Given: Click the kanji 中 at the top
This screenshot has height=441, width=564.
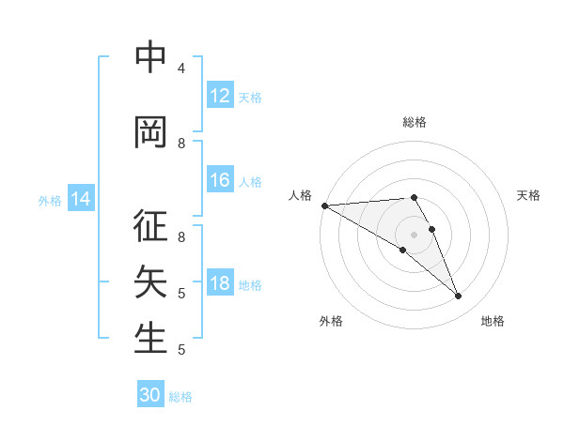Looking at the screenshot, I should point(150,58).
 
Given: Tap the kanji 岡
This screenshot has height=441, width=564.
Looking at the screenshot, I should point(150,132).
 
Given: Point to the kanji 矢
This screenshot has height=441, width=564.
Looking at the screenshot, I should point(150,281).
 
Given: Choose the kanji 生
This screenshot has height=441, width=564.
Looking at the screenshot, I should point(150,337).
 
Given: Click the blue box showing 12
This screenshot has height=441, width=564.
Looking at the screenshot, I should point(219,96).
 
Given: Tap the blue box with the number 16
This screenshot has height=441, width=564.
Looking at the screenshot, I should point(219,181).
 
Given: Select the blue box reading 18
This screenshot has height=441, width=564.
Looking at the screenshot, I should point(219,284).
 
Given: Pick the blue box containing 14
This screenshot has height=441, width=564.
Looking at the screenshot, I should point(81,199).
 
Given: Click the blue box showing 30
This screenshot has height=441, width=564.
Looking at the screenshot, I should point(150,395).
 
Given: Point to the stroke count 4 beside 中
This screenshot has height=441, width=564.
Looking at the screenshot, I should point(180,68).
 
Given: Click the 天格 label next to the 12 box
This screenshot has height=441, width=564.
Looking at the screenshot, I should point(250,97).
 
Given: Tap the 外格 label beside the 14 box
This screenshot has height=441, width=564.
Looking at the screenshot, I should point(50,200).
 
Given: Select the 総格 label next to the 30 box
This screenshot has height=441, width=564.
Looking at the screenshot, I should point(180,397).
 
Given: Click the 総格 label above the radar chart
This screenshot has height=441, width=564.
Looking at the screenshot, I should point(414,122).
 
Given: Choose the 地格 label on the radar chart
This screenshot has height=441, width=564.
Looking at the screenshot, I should point(493,321).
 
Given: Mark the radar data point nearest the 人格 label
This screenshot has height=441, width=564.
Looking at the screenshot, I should point(324,205).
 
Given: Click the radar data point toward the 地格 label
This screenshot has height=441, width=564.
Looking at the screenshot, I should point(458,296).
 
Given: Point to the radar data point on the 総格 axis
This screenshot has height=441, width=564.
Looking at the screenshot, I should point(414,197).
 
